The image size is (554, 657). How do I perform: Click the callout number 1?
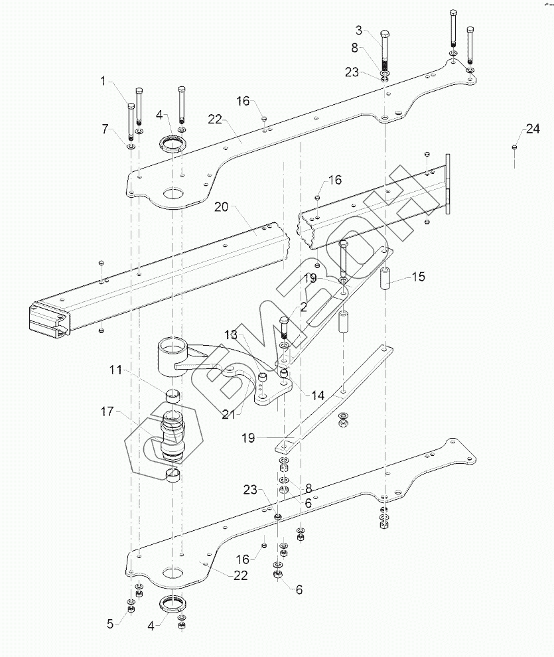[104, 81]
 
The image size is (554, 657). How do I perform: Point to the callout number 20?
[221, 207]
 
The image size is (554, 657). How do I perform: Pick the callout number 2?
[303, 307]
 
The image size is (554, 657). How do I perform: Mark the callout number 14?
[318, 395]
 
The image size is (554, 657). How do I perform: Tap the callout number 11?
[116, 370]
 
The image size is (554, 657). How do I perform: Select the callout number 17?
[107, 412]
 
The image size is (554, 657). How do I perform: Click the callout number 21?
[229, 415]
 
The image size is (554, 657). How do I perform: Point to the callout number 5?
[111, 622]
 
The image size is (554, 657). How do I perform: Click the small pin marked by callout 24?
[515, 147]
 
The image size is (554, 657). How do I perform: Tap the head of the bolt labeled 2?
[285, 320]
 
